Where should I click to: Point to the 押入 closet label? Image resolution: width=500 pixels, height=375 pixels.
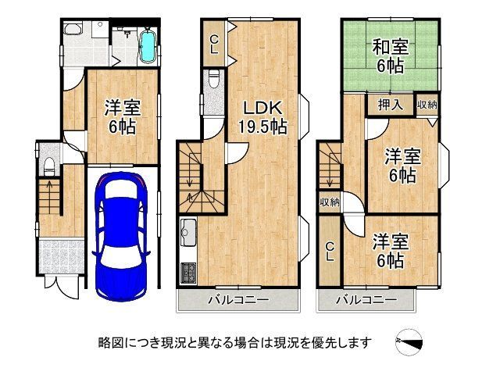pyautogui.click(x=385, y=104)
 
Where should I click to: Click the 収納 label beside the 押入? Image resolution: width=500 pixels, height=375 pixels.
pyautogui.click(x=427, y=104)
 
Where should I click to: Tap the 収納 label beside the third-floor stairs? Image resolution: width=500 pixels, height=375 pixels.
pyautogui.click(x=329, y=202)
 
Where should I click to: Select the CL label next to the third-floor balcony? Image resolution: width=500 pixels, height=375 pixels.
pyautogui.click(x=330, y=251)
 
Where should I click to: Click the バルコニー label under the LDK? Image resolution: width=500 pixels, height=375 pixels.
pyautogui.click(x=238, y=300)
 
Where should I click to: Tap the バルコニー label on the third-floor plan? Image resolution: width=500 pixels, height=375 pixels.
pyautogui.click(x=366, y=300)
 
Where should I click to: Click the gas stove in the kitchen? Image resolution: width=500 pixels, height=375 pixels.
pyautogui.click(x=189, y=273)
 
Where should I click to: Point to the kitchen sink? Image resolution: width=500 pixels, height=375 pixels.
pyautogui.click(x=189, y=231)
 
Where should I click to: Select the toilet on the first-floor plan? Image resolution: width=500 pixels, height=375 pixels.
pyautogui.click(x=48, y=163)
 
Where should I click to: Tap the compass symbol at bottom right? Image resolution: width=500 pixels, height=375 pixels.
pyautogui.click(x=412, y=341)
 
